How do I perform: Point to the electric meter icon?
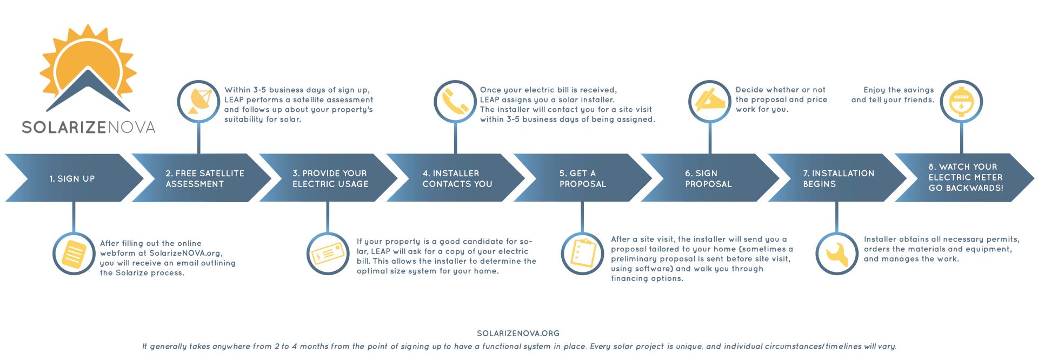pos(961,102)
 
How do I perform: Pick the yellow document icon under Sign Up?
pos(74,254)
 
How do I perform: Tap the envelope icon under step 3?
pos(328,254)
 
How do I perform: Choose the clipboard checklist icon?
pos(582,254)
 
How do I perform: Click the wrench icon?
pos(836,254)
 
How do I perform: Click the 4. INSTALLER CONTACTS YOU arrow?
pos(455,178)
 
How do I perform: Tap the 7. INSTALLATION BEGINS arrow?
pos(837,178)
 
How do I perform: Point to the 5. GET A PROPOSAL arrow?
pos(583,178)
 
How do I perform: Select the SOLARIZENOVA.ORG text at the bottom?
pos(518,334)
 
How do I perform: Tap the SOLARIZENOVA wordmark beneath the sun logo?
pos(89,127)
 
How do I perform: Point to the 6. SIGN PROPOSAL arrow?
pos(710,178)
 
